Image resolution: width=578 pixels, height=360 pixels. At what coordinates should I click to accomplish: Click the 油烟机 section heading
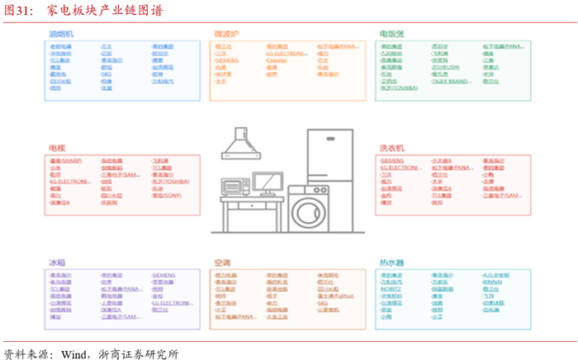tap(62, 34)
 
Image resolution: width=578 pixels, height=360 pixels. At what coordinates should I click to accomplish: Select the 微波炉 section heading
tap(226, 34)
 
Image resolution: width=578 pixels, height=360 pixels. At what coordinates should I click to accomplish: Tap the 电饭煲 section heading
tap(391, 34)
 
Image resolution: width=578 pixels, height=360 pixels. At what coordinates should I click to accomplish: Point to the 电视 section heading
tap(57, 148)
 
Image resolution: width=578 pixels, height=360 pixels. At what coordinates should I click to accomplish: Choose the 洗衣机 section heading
tap(391, 148)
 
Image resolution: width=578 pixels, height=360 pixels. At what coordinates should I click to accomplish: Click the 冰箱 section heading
tap(57, 262)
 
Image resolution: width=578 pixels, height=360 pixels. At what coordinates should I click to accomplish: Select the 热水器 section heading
tap(391, 262)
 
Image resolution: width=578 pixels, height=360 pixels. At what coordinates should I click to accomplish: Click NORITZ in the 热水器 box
tap(391, 288)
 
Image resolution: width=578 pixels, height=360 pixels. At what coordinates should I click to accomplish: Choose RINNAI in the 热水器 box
tap(492, 282)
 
